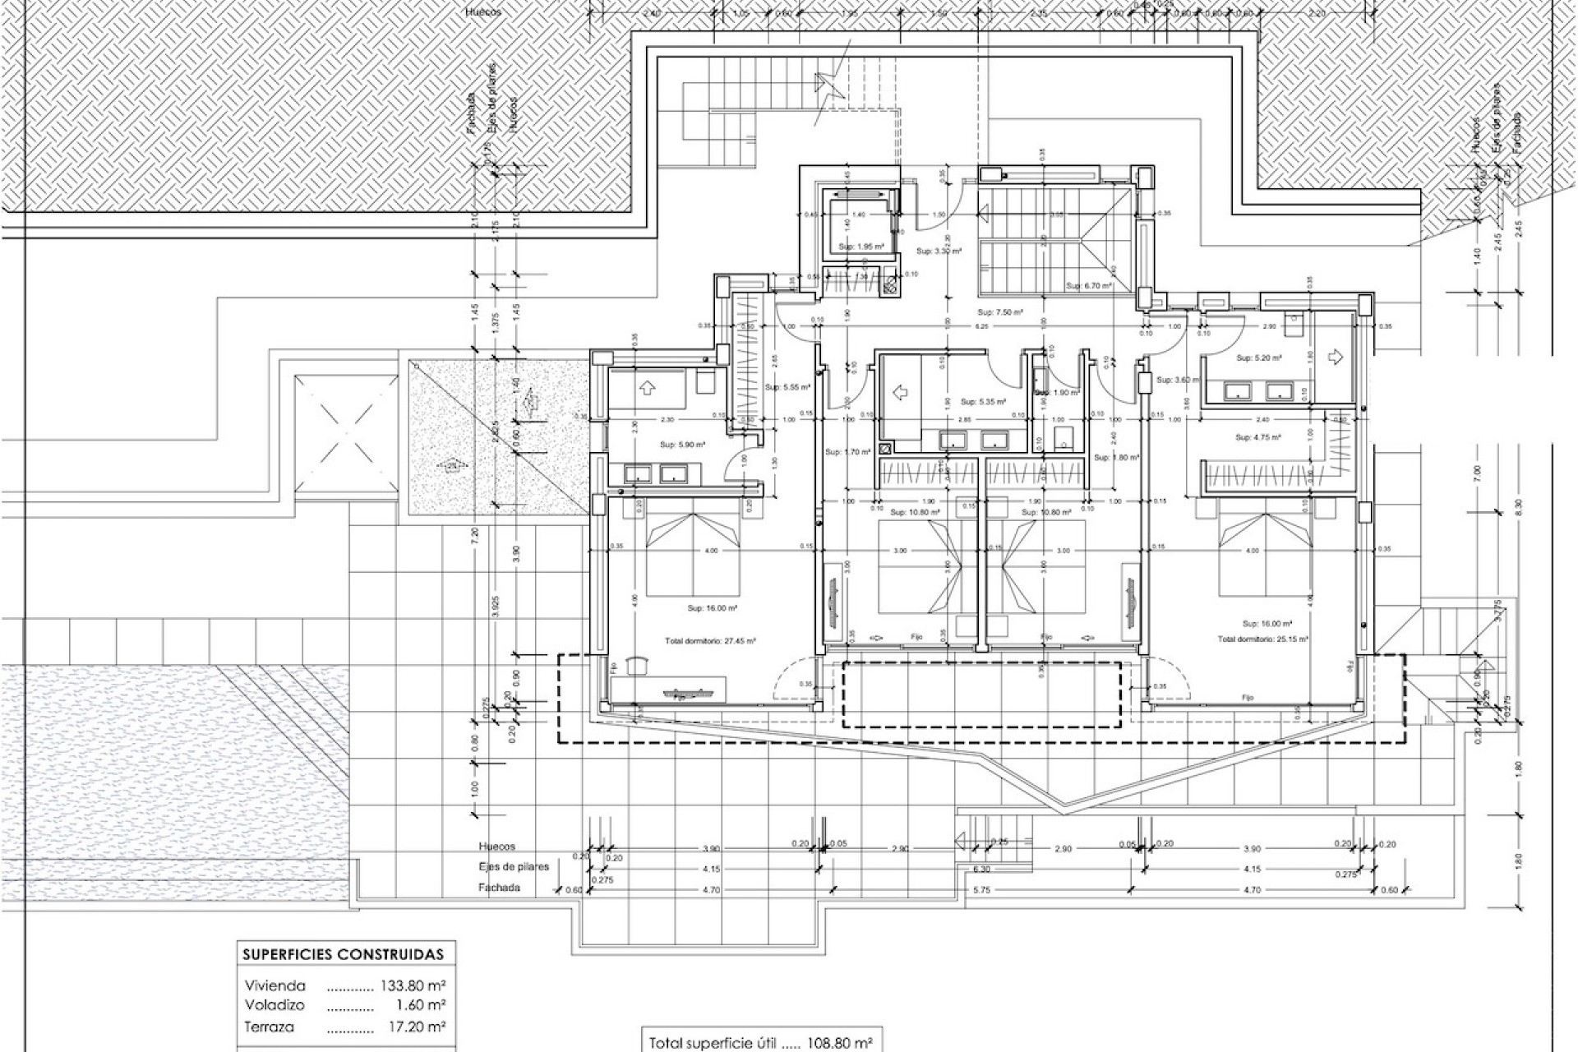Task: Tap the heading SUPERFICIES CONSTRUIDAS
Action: [343, 954]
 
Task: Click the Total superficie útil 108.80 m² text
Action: [760, 1043]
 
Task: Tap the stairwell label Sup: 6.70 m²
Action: [1089, 286]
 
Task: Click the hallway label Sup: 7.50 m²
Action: [998, 312]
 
